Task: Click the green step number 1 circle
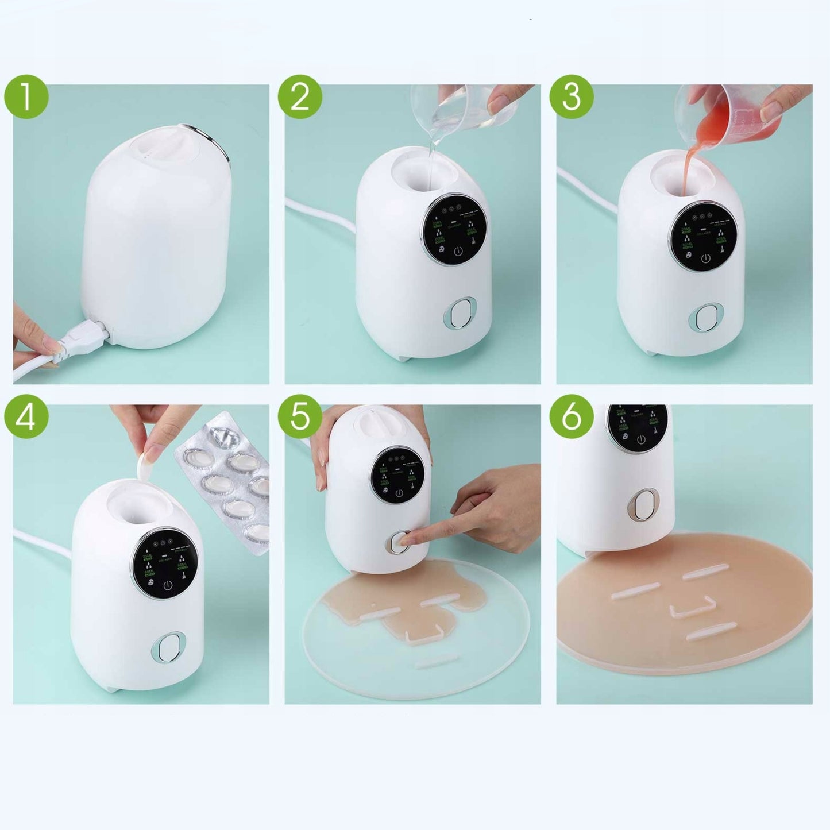(x=26, y=96)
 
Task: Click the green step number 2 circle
(x=300, y=96)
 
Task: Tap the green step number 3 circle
(x=572, y=96)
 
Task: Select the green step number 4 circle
(x=26, y=416)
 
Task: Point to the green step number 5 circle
(x=300, y=416)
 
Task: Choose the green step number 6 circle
(x=572, y=416)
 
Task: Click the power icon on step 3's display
(x=706, y=258)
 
